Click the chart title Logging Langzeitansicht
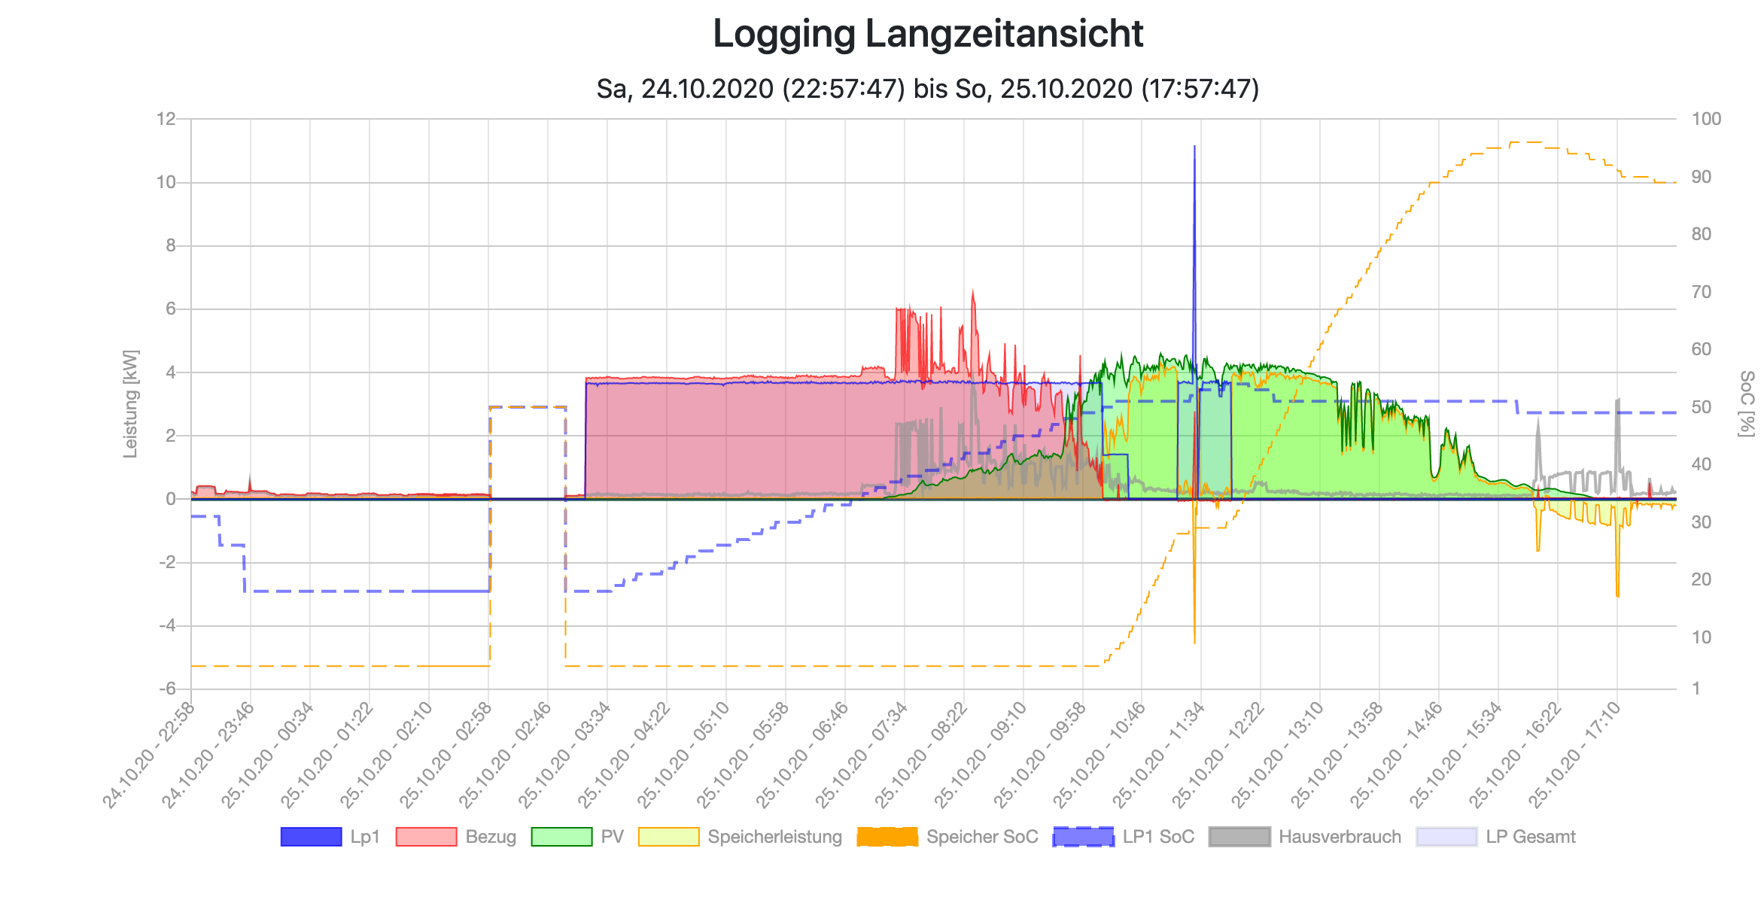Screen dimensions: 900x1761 (x=927, y=35)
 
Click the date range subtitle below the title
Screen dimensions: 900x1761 (x=927, y=89)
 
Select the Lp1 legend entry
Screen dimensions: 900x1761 (x=331, y=837)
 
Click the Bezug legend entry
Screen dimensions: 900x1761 (x=456, y=837)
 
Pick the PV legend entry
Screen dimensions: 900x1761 (x=577, y=837)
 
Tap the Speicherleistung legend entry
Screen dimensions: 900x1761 (x=741, y=837)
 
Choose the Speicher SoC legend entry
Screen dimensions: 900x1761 (x=947, y=837)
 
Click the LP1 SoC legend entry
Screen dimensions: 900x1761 (x=1124, y=837)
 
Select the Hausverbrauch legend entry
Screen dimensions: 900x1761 (x=1305, y=837)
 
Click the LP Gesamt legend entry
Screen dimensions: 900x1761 (x=1496, y=837)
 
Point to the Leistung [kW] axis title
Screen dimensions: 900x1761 (x=131, y=403)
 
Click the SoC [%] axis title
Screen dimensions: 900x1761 (x=1746, y=403)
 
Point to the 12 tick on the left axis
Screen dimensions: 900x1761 (x=166, y=119)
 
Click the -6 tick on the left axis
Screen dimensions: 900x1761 (x=166, y=689)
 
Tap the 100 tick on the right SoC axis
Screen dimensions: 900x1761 (x=1706, y=119)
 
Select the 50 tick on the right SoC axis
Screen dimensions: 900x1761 (x=1702, y=407)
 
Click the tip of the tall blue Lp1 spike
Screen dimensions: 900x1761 (x=1194, y=147)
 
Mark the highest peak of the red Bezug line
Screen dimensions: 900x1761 (x=973, y=290)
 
